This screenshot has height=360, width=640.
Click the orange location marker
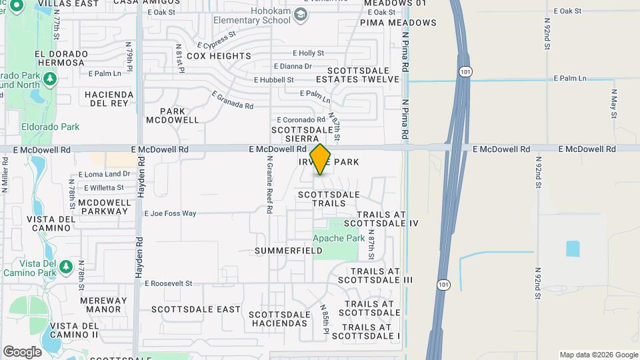(321, 159)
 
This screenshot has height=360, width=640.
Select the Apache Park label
(339, 238)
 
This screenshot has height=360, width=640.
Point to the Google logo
(22, 352)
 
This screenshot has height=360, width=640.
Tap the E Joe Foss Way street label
(170, 213)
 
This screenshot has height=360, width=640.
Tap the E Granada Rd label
(233, 100)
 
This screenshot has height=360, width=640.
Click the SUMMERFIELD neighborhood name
(289, 251)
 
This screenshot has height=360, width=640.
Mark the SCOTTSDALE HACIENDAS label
(279, 319)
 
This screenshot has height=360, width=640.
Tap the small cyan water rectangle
(573, 249)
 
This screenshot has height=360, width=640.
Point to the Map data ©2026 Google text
(599, 355)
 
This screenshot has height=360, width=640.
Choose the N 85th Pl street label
(325, 320)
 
